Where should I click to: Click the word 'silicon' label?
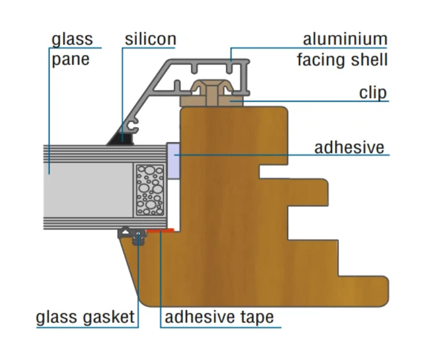coord(150,39)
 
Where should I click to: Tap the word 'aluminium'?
coord(345,39)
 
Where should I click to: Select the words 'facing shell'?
coord(342,60)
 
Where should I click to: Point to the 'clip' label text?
coord(373,93)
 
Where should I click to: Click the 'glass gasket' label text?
coord(85,317)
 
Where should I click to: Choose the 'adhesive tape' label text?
coord(219,317)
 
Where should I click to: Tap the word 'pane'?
coord(71,60)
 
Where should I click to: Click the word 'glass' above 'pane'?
coord(72,39)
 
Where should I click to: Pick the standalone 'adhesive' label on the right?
coord(349,148)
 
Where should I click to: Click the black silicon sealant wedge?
coord(121,139)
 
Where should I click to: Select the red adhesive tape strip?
coord(160,231)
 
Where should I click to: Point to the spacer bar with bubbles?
coord(150,190)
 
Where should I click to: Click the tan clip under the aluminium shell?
coord(212,94)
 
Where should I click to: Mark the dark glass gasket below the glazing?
coord(133,236)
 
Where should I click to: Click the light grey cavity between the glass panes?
coord(88,190)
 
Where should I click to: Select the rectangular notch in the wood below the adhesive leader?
coord(274,171)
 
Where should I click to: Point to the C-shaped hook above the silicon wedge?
coord(135,125)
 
